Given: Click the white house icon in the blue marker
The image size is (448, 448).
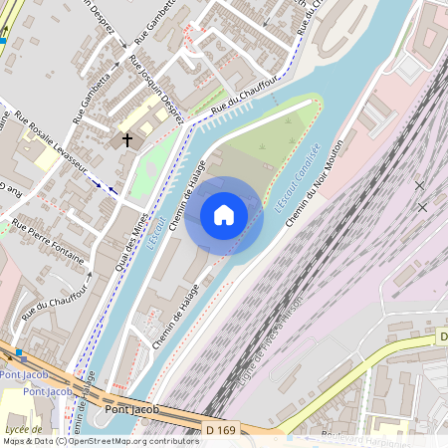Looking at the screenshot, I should [224, 214].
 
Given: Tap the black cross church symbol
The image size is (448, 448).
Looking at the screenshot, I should [127, 140].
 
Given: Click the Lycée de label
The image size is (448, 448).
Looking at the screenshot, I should [17, 428].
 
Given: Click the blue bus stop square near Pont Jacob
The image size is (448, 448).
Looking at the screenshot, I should [18, 353].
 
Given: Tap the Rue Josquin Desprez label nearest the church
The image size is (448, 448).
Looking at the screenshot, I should [157, 91].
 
